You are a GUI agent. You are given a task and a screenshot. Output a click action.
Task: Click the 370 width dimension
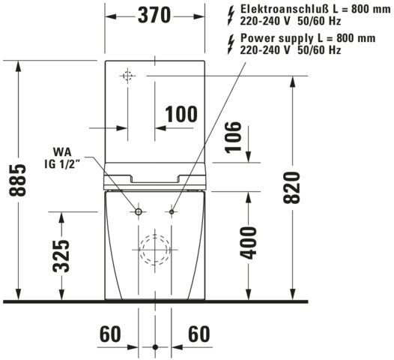tap(154, 15)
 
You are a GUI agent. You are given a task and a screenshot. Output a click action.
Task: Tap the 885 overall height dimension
tap(17, 180)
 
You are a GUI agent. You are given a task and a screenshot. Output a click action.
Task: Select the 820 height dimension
tap(291, 187)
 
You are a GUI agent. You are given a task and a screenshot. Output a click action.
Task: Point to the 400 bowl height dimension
tap(248, 243)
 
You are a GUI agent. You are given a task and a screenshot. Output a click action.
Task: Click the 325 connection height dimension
tap(61, 256)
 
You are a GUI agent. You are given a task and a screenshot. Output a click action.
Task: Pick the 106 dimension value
tap(233, 137)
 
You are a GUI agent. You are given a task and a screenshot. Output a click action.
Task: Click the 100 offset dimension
tap(181, 114)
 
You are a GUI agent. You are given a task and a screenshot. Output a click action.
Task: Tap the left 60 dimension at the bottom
tap(110, 334)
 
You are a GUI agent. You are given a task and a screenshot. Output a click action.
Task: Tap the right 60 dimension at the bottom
tap(198, 334)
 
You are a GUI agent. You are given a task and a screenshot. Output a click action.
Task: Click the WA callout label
tap(62, 152)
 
